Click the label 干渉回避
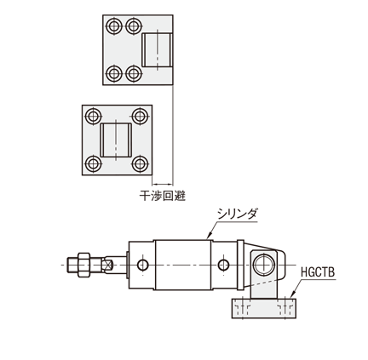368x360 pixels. pyautogui.click(x=162, y=196)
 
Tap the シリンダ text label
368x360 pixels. pyautogui.click(x=237, y=214)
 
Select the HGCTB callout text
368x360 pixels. pyautogui.click(x=318, y=272)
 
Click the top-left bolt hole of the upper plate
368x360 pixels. pyautogui.click(x=114, y=26)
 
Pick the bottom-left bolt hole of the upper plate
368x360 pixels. pyautogui.click(x=114, y=73)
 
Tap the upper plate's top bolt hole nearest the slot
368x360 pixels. pyautogui.click(x=134, y=26)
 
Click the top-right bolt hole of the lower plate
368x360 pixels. pyautogui.click(x=140, y=116)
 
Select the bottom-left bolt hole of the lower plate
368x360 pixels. pyautogui.click(x=94, y=164)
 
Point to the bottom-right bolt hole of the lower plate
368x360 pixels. pyautogui.click(x=140, y=164)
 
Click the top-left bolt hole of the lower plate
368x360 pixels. pyautogui.click(x=94, y=116)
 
